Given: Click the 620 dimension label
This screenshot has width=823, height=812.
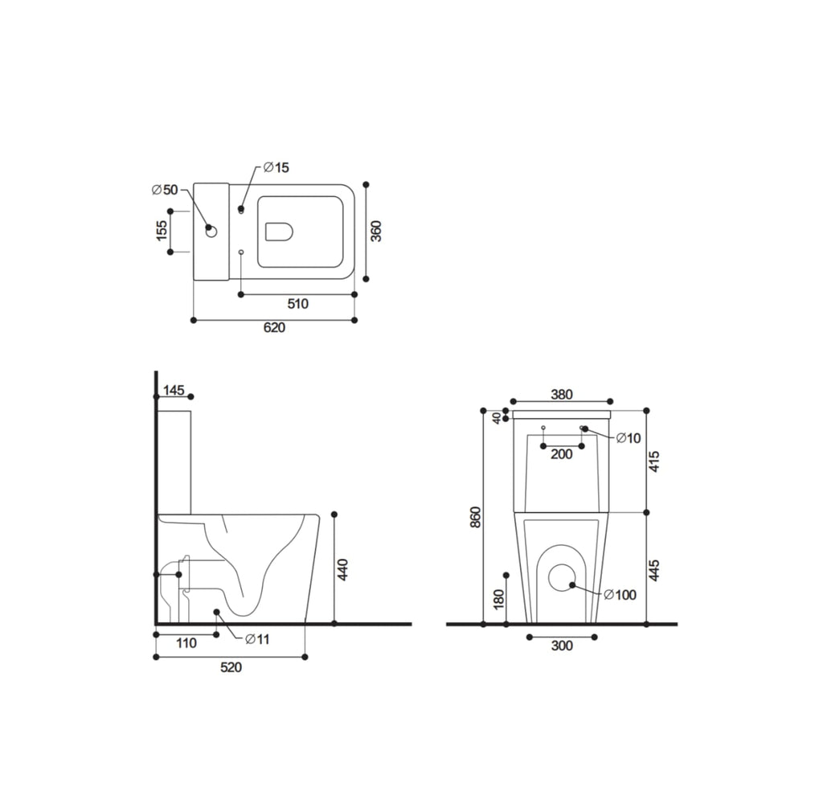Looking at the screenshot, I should click(x=275, y=328).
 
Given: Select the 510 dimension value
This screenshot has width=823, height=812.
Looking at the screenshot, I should click(x=297, y=303).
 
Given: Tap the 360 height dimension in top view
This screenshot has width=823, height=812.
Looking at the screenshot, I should click(x=376, y=231).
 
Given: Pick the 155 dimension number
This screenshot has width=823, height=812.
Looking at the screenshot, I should click(x=161, y=231).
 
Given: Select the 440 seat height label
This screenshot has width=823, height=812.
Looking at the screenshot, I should click(x=343, y=569).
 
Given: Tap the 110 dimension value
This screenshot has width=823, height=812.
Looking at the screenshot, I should click(x=186, y=643).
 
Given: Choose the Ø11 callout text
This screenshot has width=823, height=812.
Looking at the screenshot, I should click(x=256, y=639).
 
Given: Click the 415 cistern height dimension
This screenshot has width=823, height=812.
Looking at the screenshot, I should click(x=654, y=461).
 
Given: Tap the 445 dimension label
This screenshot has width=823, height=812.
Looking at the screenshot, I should click(x=654, y=569).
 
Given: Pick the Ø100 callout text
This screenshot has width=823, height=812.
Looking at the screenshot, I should click(x=620, y=595).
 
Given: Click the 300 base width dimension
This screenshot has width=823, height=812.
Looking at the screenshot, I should click(x=563, y=646).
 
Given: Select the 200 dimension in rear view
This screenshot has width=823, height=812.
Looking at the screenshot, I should click(x=562, y=454).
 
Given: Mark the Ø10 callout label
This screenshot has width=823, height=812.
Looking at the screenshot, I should click(x=629, y=438).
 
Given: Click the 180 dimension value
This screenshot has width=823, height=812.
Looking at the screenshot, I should click(x=498, y=599).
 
